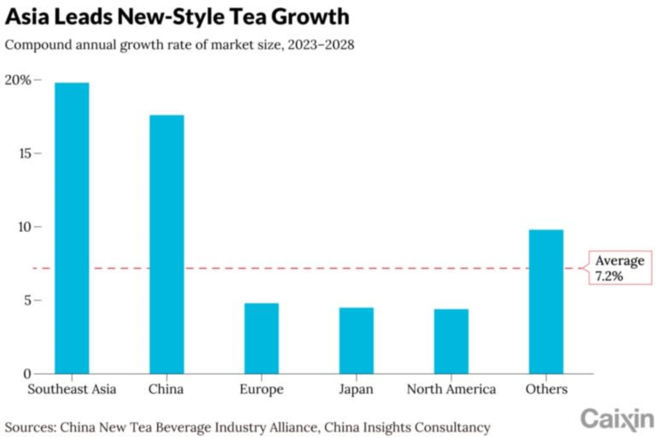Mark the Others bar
click(546, 301)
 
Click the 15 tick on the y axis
click(25, 153)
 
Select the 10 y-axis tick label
click(25, 227)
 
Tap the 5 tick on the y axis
click(28, 301)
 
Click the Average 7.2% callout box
click(620, 268)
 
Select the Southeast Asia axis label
click(72, 389)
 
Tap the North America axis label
click(451, 389)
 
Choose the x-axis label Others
click(546, 389)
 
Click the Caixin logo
click(617, 419)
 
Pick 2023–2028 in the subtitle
click(321, 45)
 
